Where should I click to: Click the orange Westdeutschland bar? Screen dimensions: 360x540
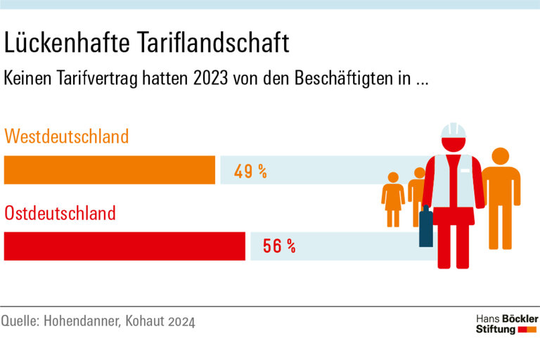coord(110,169)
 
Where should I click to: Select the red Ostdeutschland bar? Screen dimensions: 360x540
coord(125,246)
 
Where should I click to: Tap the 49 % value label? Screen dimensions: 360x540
coord(250,171)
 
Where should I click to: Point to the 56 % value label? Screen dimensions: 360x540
coord(278,246)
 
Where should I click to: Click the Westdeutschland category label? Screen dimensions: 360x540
coord(67,136)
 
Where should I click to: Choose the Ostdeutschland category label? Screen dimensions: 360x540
coord(60,212)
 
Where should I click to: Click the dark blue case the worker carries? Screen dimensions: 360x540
coord(426,227)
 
